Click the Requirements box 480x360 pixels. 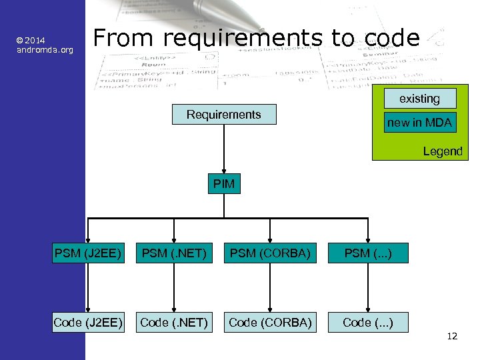tap(224, 115)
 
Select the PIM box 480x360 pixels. tap(224, 184)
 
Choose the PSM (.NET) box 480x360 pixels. tap(173, 253)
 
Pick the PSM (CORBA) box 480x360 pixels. tap(270, 253)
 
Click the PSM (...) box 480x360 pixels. tap(367, 253)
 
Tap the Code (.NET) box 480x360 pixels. tap(173, 323)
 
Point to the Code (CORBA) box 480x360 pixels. tap(270, 323)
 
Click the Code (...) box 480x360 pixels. tap(367, 323)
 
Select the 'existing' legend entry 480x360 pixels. tap(419, 99)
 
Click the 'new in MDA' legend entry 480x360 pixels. tap(419, 123)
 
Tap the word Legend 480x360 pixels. tap(442, 151)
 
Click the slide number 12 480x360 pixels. tap(452, 336)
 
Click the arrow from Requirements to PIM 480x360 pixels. tap(224, 150)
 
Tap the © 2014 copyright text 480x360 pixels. tap(31, 41)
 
